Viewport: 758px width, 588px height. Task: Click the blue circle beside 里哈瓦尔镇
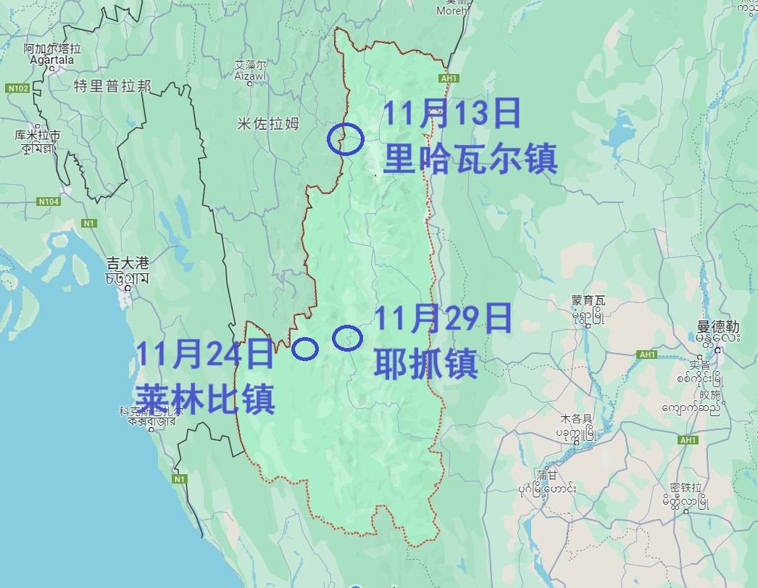346,138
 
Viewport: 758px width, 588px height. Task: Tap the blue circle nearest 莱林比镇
305,349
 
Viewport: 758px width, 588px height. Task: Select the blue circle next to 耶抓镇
347,337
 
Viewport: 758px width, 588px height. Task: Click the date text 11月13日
451,115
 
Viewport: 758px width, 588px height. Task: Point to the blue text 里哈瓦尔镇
470,158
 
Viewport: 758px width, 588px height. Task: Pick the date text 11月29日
443,319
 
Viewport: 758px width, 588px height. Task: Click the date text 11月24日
205,354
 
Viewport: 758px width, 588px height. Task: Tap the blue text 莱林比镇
205,398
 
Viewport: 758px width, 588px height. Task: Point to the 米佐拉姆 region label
268,124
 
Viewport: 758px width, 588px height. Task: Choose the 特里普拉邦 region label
112,86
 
